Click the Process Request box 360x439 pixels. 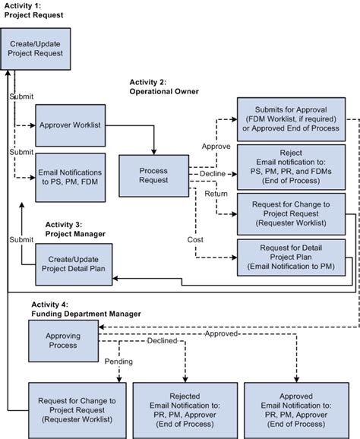[153, 176]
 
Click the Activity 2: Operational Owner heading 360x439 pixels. [163, 86]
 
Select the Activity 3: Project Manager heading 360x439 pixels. [75, 229]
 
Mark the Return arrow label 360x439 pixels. [212, 194]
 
